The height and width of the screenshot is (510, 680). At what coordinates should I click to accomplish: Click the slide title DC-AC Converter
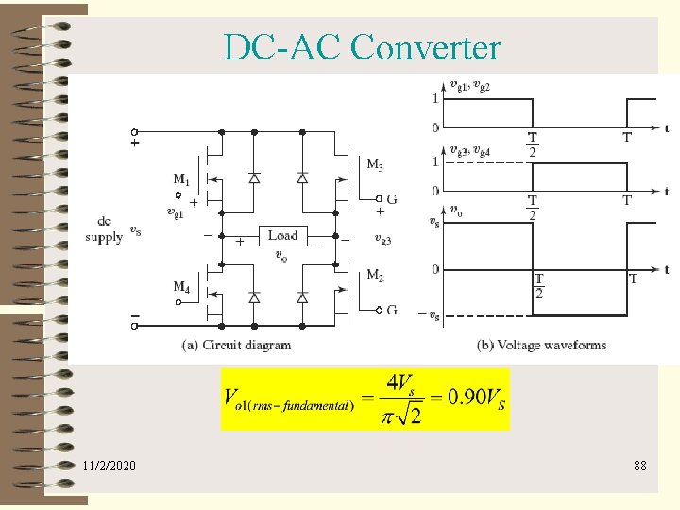363,46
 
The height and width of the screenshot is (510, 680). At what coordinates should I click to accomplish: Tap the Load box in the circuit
282,236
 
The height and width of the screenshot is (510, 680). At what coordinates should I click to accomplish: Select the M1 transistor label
181,178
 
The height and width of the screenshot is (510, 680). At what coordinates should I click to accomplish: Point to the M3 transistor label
375,165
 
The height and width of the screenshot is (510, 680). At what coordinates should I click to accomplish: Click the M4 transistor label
181,286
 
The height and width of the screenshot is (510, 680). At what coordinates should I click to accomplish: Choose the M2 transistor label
375,276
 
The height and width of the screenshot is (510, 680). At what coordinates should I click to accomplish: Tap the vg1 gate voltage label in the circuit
175,212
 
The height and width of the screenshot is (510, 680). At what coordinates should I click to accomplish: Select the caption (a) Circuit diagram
236,345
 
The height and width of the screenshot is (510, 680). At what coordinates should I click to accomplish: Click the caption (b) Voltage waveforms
542,345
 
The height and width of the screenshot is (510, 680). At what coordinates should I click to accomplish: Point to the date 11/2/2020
109,466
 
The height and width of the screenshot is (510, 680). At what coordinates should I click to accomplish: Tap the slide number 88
640,466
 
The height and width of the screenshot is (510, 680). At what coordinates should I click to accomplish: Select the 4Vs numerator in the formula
399,384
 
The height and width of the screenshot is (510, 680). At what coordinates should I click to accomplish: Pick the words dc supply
104,230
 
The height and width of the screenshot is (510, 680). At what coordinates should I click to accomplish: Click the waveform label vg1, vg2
469,86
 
